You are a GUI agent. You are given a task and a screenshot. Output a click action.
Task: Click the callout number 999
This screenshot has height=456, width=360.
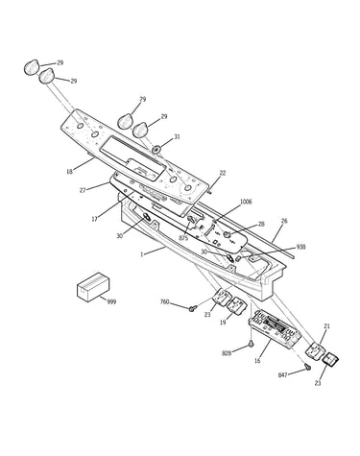click(111, 301)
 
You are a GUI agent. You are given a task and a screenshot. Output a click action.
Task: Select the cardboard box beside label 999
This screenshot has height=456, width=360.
click(93, 287)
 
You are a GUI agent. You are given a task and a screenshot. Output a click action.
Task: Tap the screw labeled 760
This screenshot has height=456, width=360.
click(192, 308)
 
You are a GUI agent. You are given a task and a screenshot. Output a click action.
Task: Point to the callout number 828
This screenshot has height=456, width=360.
click(227, 353)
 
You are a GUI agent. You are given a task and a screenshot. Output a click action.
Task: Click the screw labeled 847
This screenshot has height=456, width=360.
click(308, 368)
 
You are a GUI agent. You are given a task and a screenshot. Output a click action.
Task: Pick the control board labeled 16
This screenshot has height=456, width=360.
click(276, 329)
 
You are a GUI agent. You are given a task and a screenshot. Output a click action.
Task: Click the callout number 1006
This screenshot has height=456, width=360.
click(246, 202)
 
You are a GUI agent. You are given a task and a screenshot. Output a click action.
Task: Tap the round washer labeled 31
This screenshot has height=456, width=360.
click(157, 149)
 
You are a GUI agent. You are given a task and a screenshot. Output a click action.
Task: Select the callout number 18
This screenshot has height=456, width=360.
click(69, 172)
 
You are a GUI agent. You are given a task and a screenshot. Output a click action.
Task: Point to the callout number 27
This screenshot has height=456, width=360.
click(83, 190)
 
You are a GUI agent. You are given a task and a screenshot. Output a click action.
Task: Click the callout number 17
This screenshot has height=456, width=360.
click(94, 219)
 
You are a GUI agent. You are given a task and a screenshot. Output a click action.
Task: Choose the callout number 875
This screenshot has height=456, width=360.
click(183, 238)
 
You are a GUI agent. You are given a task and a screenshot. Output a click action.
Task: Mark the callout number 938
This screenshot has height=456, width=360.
click(300, 247)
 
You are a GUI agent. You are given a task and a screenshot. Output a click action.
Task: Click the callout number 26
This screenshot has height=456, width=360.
click(284, 221)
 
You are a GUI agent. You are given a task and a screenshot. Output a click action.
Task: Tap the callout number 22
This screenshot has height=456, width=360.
click(223, 173)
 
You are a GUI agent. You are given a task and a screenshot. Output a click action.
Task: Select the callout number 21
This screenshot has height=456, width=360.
click(326, 326)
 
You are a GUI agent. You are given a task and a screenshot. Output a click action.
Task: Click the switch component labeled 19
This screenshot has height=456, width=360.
click(235, 304)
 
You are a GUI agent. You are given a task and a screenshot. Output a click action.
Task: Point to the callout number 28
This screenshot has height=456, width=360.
click(261, 224)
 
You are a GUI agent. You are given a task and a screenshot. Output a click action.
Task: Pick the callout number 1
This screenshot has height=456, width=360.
click(142, 254)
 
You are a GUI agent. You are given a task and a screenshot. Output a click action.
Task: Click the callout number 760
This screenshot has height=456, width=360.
click(164, 301)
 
